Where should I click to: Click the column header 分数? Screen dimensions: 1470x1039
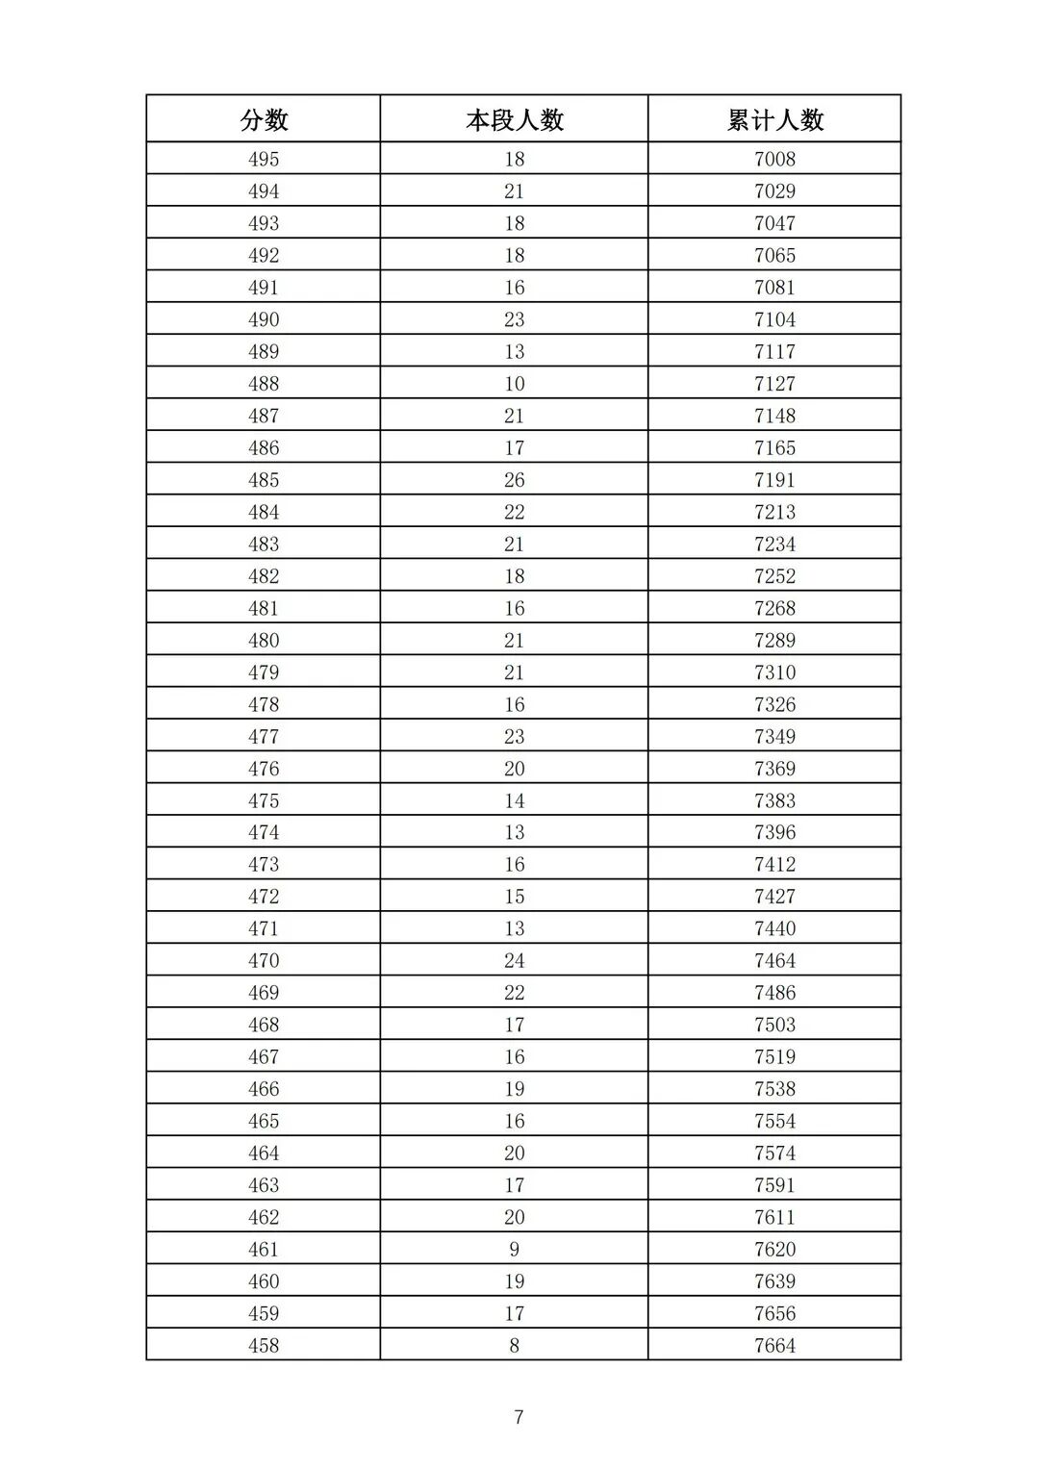(264, 120)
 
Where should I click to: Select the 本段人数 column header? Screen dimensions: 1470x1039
(514, 120)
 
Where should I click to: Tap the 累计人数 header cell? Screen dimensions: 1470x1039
(774, 120)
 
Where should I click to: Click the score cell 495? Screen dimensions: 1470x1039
(264, 159)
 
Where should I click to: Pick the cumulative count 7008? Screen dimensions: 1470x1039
(774, 159)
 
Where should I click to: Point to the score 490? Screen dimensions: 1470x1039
(264, 319)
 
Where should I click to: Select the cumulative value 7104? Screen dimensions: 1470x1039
(774, 319)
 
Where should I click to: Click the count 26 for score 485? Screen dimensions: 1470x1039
(514, 480)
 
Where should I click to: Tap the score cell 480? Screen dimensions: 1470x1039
(264, 640)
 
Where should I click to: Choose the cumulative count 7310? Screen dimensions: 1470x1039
(774, 672)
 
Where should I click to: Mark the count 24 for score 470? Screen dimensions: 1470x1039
(514, 960)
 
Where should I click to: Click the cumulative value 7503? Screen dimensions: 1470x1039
(774, 1025)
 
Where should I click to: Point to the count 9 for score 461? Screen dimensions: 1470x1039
(514, 1249)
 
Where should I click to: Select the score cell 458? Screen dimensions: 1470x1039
(264, 1345)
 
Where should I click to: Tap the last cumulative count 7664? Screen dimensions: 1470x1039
(774, 1345)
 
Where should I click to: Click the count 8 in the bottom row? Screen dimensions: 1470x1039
(514, 1345)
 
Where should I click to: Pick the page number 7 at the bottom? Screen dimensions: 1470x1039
(519, 1416)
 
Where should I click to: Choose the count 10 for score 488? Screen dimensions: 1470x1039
(514, 384)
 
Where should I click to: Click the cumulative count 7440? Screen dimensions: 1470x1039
(774, 928)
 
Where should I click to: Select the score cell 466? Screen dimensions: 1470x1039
(264, 1089)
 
